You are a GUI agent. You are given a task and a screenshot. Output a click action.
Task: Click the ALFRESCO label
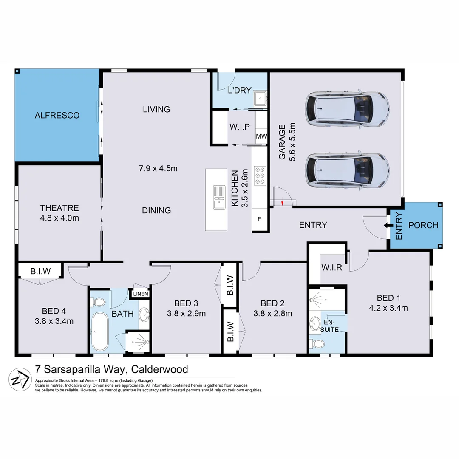pyautogui.click(x=57, y=115)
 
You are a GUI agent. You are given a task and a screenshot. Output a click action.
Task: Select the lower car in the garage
pyautogui.click(x=346, y=171)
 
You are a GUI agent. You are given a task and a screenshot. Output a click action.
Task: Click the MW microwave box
pyautogui.click(x=261, y=137)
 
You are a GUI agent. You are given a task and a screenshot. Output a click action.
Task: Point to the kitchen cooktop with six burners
pyautogui.click(x=260, y=175)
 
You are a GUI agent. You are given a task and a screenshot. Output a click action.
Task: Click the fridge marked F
pyautogui.click(x=260, y=220)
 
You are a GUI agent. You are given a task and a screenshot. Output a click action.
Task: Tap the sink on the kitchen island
pyautogui.click(x=219, y=198)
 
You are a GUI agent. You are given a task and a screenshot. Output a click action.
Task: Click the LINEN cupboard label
pyautogui.click(x=140, y=294)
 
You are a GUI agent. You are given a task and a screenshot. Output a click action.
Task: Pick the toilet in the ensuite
pyautogui.click(x=319, y=343)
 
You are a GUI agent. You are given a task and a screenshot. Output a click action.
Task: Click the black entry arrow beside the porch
pyautogui.click(x=388, y=225)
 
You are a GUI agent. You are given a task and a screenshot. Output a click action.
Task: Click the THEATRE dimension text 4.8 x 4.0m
pyautogui.click(x=59, y=218)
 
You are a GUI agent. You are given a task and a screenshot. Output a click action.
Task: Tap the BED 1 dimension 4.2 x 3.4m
pyautogui.click(x=388, y=308)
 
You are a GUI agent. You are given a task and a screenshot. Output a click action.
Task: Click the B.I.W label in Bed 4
pyautogui.click(x=40, y=270)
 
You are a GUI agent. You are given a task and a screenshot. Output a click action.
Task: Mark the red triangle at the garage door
pyautogui.click(x=282, y=203)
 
